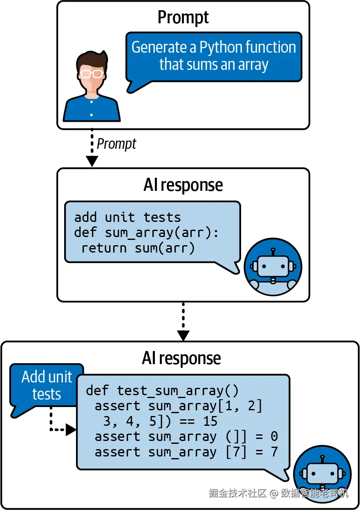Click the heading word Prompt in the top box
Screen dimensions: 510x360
pos(183,18)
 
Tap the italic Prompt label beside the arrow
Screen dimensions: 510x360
pos(116,144)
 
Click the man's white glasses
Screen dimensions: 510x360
pos(91,74)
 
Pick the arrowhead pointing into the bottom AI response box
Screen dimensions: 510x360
pos(183,335)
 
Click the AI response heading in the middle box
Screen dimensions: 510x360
pos(183,185)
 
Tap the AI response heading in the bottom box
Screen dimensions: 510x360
pos(181,358)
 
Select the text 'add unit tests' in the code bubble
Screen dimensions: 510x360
pos(127,217)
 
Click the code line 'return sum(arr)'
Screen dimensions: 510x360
pos(138,248)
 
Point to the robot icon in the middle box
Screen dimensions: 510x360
pos(273,267)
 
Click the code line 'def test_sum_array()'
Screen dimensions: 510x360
pos(162,390)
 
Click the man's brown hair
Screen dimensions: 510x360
pos(92,59)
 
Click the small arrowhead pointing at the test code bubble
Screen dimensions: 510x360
pos(72,429)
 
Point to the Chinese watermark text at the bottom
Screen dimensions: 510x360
pos(278,493)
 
